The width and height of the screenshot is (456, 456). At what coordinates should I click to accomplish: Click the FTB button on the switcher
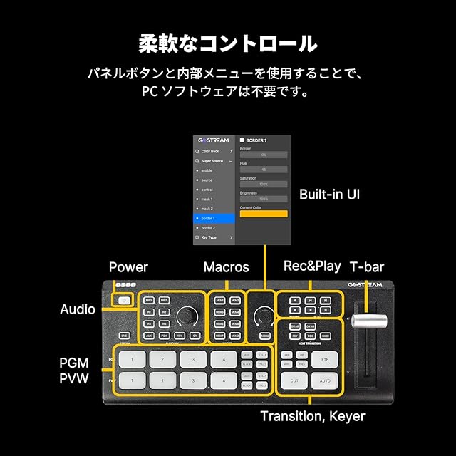325,358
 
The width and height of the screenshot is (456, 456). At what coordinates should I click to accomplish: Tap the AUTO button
325,382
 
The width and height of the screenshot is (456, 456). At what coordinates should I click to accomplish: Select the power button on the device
125,301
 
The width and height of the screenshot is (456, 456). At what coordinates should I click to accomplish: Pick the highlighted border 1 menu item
214,218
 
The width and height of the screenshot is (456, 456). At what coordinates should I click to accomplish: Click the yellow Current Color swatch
263,214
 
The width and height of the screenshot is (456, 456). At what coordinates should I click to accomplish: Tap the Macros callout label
226,267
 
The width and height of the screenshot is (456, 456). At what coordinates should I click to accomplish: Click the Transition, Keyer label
312,416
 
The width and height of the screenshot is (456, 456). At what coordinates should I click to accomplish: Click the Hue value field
263,170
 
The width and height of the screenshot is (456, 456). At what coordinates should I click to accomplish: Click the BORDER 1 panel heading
258,140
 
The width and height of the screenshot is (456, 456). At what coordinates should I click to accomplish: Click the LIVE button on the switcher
124,334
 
